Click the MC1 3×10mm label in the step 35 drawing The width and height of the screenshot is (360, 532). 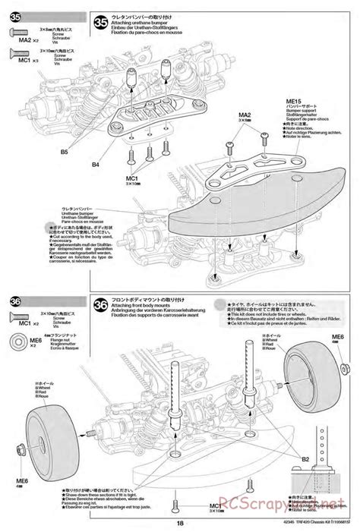click(x=132, y=180)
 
